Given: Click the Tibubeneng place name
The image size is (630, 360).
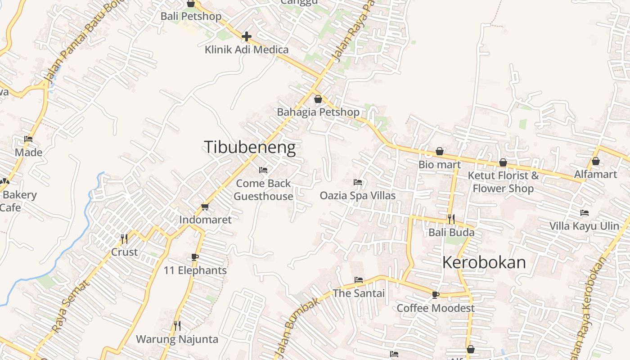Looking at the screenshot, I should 250,148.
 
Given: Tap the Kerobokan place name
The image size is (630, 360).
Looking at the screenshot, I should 484,262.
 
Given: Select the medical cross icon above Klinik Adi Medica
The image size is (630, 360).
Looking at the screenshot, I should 247,36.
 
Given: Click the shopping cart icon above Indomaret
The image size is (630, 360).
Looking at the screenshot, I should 205,207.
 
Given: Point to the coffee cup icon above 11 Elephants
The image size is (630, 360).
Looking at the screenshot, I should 195,257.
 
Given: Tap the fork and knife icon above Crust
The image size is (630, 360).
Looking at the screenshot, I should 124,238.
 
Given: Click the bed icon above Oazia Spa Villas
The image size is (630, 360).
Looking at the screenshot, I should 358,182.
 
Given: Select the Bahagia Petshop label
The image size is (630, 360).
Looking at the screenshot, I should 318,112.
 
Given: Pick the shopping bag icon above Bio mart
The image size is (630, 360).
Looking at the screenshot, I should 440,151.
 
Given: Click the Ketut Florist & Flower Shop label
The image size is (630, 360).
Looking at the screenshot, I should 503,182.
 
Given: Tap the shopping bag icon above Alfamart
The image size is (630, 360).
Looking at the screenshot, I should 596,161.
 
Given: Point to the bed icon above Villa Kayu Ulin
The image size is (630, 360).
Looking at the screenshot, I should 585,213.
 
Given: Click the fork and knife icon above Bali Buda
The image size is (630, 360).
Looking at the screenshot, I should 451,219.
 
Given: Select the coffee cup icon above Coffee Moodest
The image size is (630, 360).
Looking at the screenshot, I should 435,295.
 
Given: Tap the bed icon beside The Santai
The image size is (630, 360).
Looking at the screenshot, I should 358,280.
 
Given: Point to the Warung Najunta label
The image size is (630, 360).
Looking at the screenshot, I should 177,339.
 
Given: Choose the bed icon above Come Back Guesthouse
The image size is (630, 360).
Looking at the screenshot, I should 263,170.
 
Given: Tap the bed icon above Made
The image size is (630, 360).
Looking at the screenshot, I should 28,139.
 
